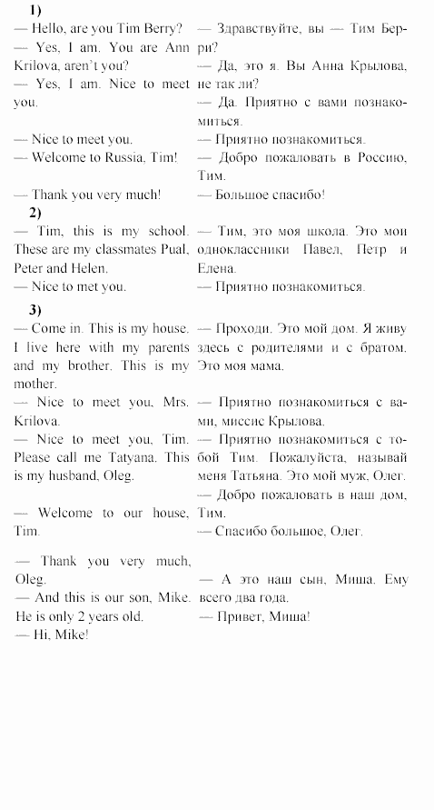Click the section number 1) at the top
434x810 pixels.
click(35, 10)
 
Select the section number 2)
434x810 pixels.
click(35, 213)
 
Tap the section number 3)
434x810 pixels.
click(35, 307)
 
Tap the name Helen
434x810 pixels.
click(89, 268)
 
